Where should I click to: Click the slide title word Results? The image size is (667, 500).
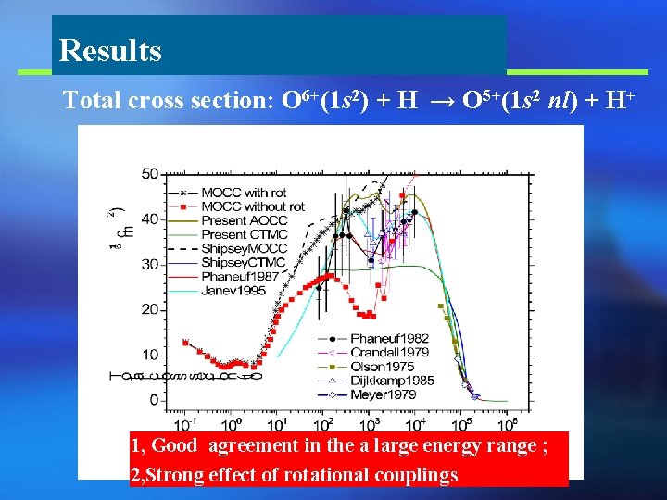click(109, 50)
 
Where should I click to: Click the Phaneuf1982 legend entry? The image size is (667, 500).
click(389, 338)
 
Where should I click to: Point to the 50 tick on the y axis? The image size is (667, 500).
click(150, 174)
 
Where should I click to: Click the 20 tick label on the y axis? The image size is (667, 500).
click(150, 309)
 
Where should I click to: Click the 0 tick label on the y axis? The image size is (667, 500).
click(155, 400)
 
